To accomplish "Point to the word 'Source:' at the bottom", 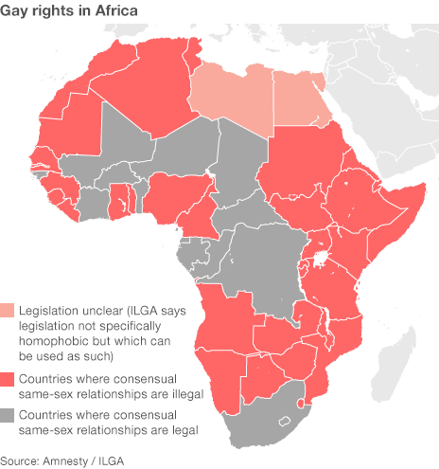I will click(26, 460).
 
